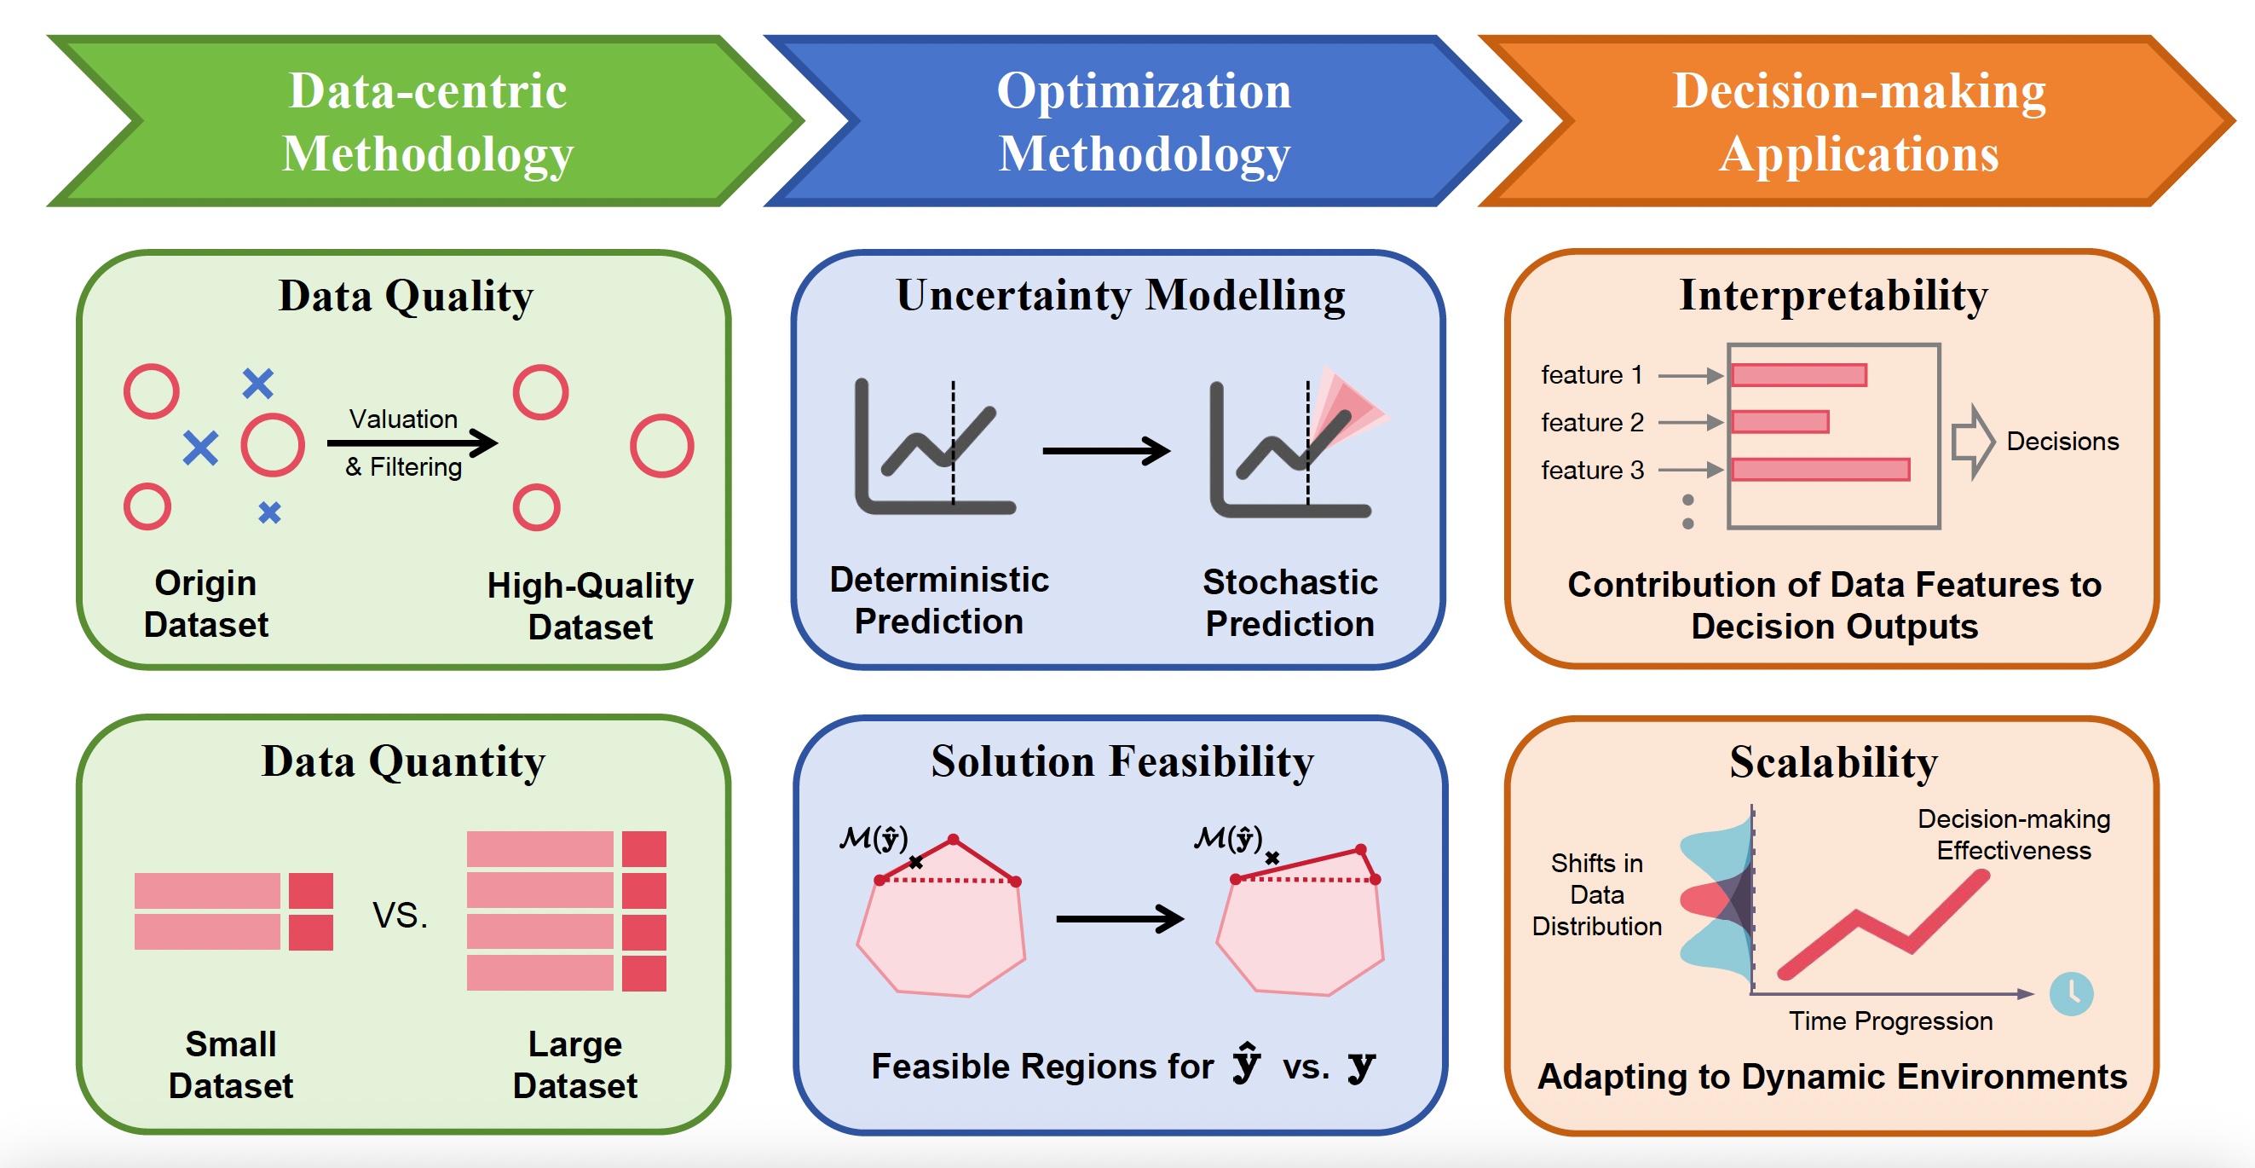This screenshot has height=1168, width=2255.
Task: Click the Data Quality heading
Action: click(x=406, y=296)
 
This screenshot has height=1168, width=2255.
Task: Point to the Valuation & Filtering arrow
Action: click(x=412, y=443)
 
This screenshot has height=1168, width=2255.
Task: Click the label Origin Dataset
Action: click(x=205, y=604)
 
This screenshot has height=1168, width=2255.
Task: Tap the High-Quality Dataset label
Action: click(x=590, y=606)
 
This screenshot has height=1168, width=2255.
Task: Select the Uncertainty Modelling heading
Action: click(x=1121, y=295)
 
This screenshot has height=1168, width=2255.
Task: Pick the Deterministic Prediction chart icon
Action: click(x=933, y=447)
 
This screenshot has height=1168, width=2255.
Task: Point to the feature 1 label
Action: click(x=1590, y=375)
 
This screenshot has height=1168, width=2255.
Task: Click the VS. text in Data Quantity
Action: click(x=400, y=916)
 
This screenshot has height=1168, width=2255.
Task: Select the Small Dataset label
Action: click(x=230, y=1065)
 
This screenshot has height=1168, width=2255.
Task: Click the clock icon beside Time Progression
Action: click(x=2071, y=994)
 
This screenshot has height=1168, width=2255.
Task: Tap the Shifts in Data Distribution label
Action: click(x=1596, y=894)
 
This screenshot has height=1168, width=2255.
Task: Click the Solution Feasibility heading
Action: click(x=1122, y=760)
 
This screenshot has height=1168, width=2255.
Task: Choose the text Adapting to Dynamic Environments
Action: click(x=1831, y=1077)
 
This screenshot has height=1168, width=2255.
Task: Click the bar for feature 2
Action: click(x=1779, y=422)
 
